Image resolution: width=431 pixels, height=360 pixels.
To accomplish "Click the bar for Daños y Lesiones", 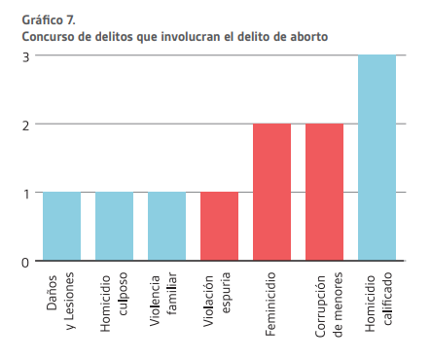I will pyautogui.click(x=61, y=227).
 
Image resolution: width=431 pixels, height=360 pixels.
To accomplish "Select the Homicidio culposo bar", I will pyautogui.click(x=114, y=227).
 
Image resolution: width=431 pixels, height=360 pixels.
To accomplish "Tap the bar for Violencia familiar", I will pyautogui.click(x=166, y=227).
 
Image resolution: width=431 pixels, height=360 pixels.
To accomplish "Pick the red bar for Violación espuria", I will pyautogui.click(x=219, y=227).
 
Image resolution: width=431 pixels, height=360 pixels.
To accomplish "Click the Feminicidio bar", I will pyautogui.click(x=271, y=193).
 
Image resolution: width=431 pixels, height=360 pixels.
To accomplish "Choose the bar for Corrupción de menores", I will pyautogui.click(x=324, y=193).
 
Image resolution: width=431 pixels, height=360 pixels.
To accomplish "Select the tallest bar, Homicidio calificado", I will pyautogui.click(x=377, y=159).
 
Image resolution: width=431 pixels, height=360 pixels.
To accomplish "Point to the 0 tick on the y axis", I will pyautogui.click(x=25, y=262).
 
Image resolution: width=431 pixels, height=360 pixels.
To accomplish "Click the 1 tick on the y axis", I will pyautogui.click(x=25, y=193).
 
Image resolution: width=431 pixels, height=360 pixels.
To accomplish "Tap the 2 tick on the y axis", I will pyautogui.click(x=25, y=125).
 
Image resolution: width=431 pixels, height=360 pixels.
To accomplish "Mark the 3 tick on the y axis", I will pyautogui.click(x=25, y=55).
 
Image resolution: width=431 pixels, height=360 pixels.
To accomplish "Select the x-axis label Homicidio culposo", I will pyautogui.click(x=114, y=305).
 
